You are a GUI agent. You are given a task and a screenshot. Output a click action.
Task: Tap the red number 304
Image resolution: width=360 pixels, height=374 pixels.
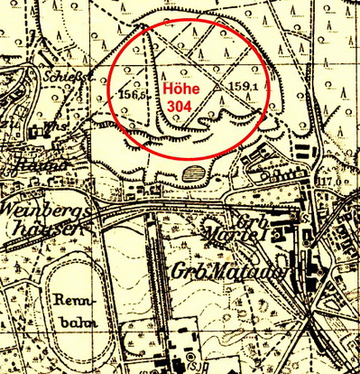(186, 106)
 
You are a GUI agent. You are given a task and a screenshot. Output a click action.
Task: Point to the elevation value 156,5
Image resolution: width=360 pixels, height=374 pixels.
(133, 93)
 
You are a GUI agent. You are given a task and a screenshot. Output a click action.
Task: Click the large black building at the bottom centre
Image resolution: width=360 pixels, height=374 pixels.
(174, 348)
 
